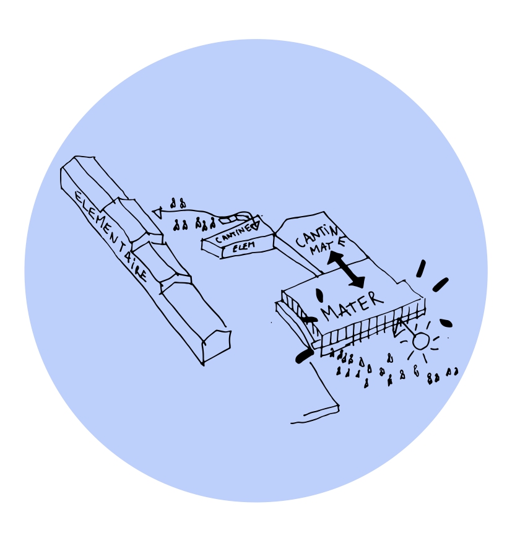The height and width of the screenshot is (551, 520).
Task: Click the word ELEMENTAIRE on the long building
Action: coord(111,236)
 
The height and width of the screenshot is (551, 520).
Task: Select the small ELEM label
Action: coord(243,246)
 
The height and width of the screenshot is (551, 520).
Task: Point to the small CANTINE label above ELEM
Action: coord(235,233)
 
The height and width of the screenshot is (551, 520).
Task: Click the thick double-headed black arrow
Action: coord(345,270)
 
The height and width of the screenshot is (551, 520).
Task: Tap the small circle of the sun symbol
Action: coord(420,341)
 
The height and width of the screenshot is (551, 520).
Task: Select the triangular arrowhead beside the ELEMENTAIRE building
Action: coord(157,212)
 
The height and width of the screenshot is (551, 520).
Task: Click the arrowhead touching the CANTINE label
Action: coord(254,225)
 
